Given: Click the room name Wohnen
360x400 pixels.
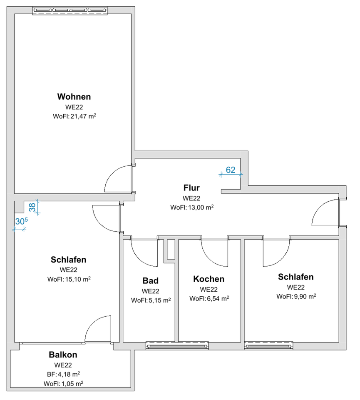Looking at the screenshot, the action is click(x=74, y=97).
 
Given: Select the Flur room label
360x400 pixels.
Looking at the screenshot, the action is click(x=192, y=187).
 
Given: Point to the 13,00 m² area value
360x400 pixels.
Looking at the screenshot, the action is click(x=200, y=207).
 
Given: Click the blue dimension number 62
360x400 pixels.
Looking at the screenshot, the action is click(x=231, y=170).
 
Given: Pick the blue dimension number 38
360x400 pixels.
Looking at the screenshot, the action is click(x=32, y=207).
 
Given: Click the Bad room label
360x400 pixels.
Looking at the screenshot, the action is click(x=151, y=281).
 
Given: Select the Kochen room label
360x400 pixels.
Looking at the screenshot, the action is click(x=209, y=279).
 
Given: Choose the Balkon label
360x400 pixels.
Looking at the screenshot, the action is click(x=63, y=355).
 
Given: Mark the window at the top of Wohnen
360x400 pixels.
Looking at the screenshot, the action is click(x=71, y=11).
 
